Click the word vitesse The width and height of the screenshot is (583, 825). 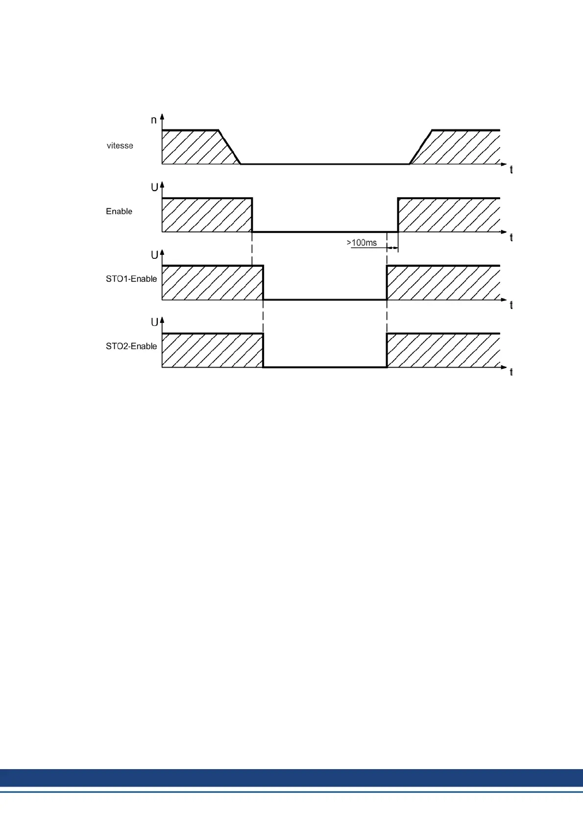pyautogui.click(x=120, y=146)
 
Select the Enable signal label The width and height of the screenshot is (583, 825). pyautogui.click(x=119, y=211)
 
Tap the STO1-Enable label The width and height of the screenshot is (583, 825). pyautogui.click(x=131, y=279)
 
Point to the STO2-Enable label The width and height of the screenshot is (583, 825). pyautogui.click(x=131, y=346)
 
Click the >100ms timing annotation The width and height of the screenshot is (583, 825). pyautogui.click(x=362, y=243)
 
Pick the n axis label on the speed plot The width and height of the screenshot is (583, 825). pyautogui.click(x=154, y=120)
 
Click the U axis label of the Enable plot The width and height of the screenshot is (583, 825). pyautogui.click(x=154, y=187)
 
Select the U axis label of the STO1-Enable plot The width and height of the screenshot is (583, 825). pyautogui.click(x=154, y=255)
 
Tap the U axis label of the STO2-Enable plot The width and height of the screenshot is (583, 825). pyautogui.click(x=154, y=322)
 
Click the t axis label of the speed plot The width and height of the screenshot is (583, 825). pyautogui.click(x=511, y=170)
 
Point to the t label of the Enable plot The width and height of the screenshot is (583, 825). pyautogui.click(x=511, y=238)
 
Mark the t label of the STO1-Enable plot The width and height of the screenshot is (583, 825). pyautogui.click(x=511, y=305)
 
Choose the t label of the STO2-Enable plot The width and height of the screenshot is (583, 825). pyautogui.click(x=511, y=373)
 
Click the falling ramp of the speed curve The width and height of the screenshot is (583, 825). pyautogui.click(x=229, y=147)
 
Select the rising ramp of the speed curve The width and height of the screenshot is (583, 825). pyautogui.click(x=420, y=147)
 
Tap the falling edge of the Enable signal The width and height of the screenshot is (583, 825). pyautogui.click(x=252, y=215)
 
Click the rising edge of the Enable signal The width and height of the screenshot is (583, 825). pyautogui.click(x=398, y=215)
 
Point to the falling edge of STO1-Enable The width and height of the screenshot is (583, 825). pyautogui.click(x=263, y=282)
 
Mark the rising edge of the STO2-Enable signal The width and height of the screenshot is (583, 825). pyautogui.click(x=387, y=350)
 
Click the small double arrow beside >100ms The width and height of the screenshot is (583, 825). pyautogui.click(x=392, y=249)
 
